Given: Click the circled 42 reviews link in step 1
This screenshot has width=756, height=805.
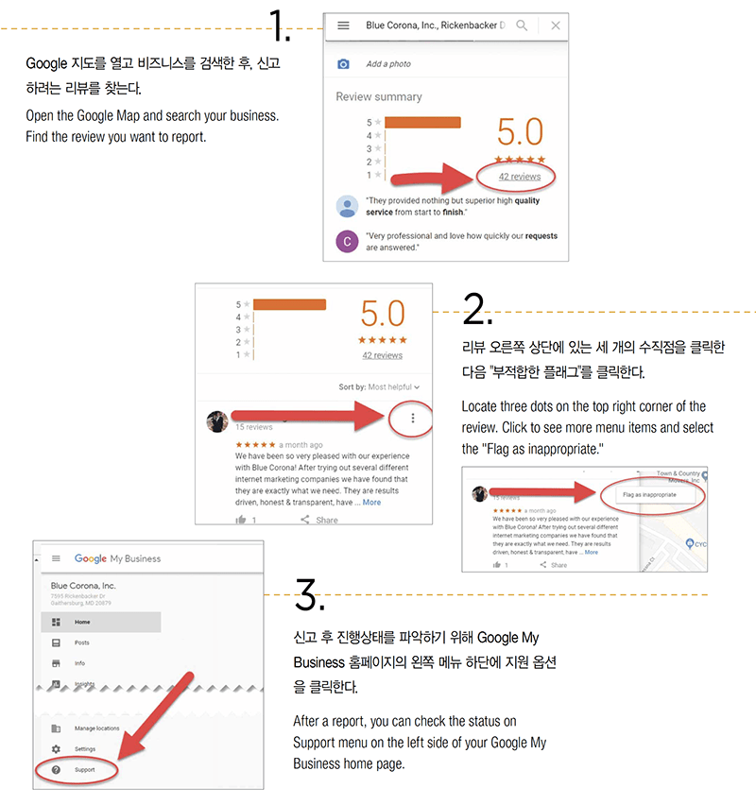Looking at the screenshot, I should (519, 177).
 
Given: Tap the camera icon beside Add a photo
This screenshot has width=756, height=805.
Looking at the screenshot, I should (344, 63).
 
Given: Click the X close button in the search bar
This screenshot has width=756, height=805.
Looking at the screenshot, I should (555, 26).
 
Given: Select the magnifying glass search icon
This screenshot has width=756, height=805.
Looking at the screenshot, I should (522, 26).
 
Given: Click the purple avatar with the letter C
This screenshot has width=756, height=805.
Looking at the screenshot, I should (347, 241).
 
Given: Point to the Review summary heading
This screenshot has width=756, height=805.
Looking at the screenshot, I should (379, 96).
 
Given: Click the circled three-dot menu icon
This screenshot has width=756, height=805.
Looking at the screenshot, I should (412, 418).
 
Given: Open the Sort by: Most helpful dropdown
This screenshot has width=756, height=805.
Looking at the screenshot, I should (379, 386).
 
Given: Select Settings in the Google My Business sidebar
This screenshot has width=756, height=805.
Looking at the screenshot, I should (84, 748).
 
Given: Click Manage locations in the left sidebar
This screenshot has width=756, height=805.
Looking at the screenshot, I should (96, 728).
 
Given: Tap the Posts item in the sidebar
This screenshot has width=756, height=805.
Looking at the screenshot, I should (82, 642).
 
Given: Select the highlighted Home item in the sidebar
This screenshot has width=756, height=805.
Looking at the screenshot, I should (82, 622).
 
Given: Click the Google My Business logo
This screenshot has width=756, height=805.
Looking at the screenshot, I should (117, 558).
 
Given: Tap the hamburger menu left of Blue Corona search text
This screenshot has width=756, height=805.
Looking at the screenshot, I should (343, 26).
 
